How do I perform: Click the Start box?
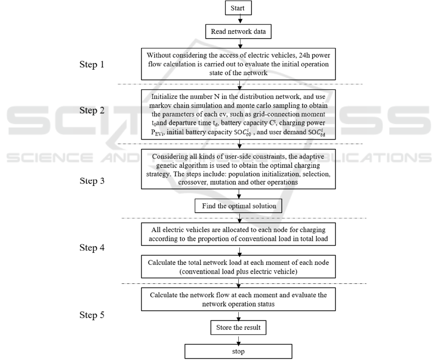click(x=239, y=9)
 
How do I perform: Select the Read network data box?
click(x=239, y=32)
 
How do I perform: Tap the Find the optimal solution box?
click(x=239, y=206)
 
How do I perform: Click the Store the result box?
click(x=239, y=326)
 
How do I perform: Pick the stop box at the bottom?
click(x=239, y=351)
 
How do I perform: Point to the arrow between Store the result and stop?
click(x=239, y=339)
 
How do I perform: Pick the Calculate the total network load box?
click(x=239, y=267)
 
